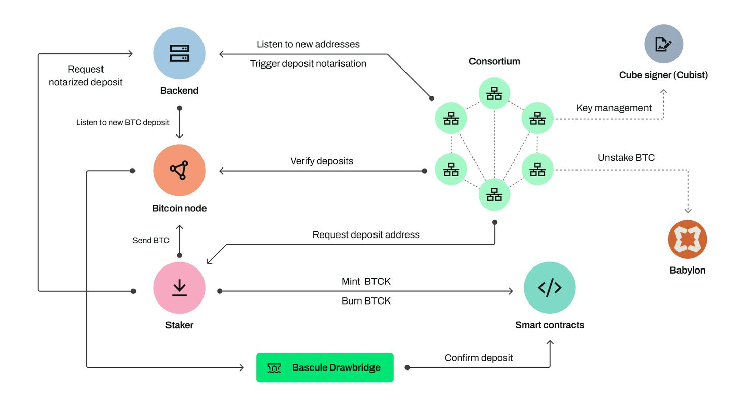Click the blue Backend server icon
click(x=179, y=53)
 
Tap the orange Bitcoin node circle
click(x=179, y=171)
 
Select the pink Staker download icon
click(x=179, y=288)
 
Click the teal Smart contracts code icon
click(x=550, y=288)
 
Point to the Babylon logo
click(x=688, y=239)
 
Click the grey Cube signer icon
click(x=663, y=44)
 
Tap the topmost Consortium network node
click(x=494, y=93)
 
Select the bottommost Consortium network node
click(x=494, y=195)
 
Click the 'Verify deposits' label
click(x=322, y=161)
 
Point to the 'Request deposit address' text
click(x=366, y=235)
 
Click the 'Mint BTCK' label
click(x=366, y=282)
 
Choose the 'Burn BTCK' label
click(x=366, y=301)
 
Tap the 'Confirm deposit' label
click(x=479, y=358)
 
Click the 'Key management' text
click(x=614, y=108)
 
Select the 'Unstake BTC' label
click(x=626, y=158)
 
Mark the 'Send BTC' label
click(x=151, y=240)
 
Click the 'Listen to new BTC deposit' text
click(x=123, y=122)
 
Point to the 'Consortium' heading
click(x=494, y=61)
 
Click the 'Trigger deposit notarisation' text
click(x=308, y=64)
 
